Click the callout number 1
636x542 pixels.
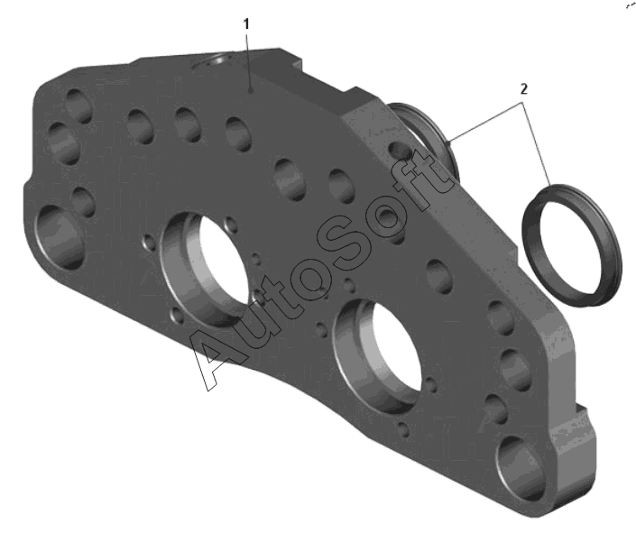click(x=246, y=24)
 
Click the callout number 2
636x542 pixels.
click(x=523, y=89)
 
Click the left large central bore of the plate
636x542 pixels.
click(x=205, y=269)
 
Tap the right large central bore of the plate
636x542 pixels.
click(x=377, y=356)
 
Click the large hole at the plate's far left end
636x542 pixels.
click(x=60, y=237)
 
